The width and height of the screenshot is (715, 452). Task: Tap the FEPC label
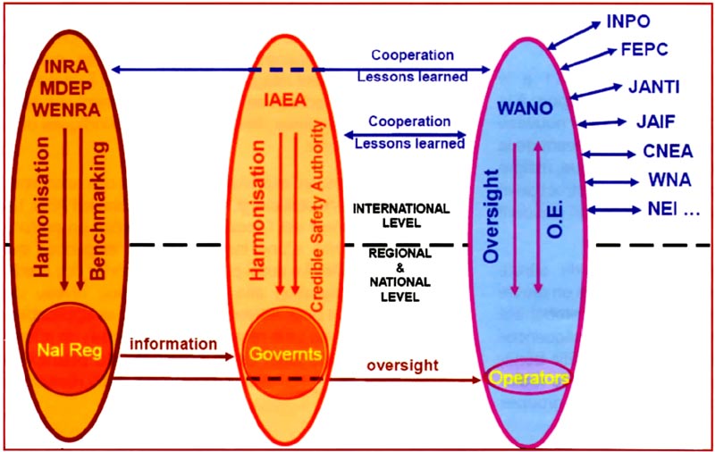[644, 50]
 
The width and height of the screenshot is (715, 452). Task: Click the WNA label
[669, 180]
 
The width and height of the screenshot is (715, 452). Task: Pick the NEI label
[671, 211]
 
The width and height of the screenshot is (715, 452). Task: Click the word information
[174, 343]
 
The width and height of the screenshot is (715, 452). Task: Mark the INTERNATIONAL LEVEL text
[400, 214]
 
